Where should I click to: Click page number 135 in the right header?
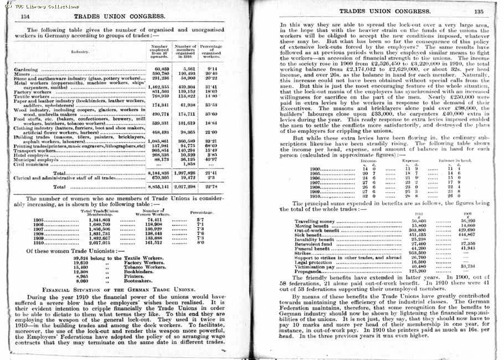[479, 11]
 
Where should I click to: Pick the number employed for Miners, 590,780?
[160, 73]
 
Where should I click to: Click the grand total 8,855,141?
[159, 187]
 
